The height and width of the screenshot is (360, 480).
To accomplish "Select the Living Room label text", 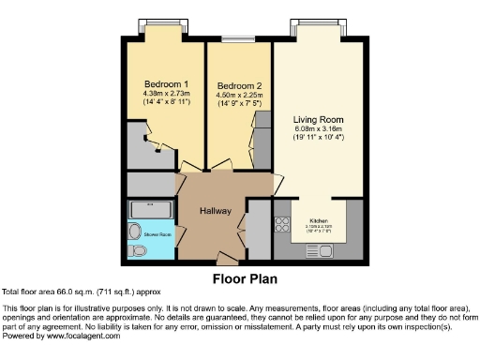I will tap(318, 120).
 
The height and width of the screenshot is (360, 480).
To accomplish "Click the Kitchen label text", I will tap(318, 221).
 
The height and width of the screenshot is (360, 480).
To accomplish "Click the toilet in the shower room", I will tap(136, 251).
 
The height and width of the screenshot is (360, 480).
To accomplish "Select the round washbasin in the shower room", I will tap(132, 231).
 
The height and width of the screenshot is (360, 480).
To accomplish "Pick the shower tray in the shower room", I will tap(150, 208).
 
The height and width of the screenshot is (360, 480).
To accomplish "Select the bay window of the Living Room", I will tap(318, 23).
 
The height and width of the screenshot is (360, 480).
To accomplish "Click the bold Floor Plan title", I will tap(239, 277).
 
